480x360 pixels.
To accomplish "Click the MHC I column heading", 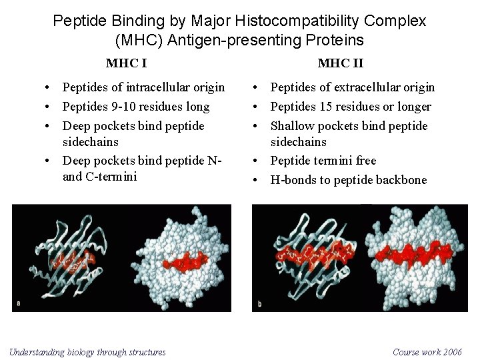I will pyautogui.click(x=126, y=63).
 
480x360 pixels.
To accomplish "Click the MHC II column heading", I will pyautogui.click(x=340, y=63).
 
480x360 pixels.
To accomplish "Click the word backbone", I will pyautogui.click(x=402, y=180).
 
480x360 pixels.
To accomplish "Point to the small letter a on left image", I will pyautogui.click(x=19, y=303).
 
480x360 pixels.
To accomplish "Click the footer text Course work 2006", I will pyautogui.click(x=427, y=352).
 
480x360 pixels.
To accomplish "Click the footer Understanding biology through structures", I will pyautogui.click(x=87, y=352).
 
